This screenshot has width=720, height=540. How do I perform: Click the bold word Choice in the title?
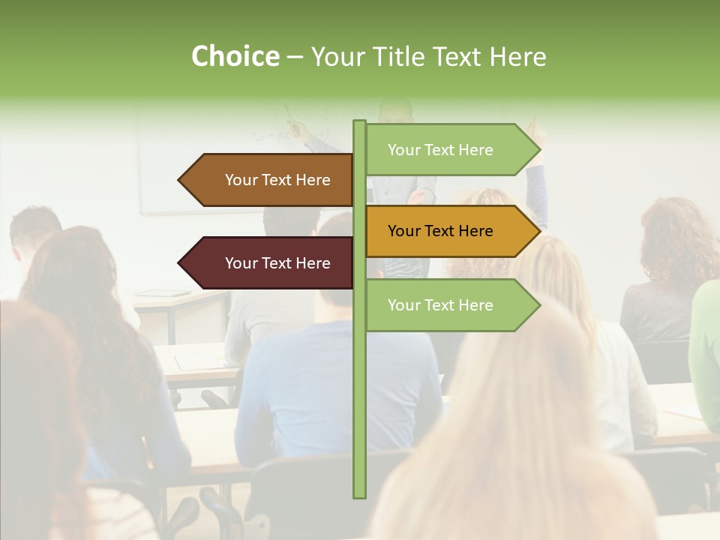(x=235, y=56)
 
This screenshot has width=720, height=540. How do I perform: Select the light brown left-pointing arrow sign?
(x=266, y=180)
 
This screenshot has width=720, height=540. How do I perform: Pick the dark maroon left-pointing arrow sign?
(x=266, y=263)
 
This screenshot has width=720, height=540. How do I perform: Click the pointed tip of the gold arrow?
(x=538, y=231)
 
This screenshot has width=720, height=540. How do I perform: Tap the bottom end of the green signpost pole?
(x=359, y=495)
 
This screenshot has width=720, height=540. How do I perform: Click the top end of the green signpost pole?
(x=359, y=123)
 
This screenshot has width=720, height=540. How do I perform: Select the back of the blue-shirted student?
(x=330, y=382)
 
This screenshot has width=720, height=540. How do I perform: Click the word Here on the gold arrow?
(x=475, y=231)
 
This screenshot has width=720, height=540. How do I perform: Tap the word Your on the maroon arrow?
(x=241, y=263)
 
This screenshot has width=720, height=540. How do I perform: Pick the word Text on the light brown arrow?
(x=277, y=180)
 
